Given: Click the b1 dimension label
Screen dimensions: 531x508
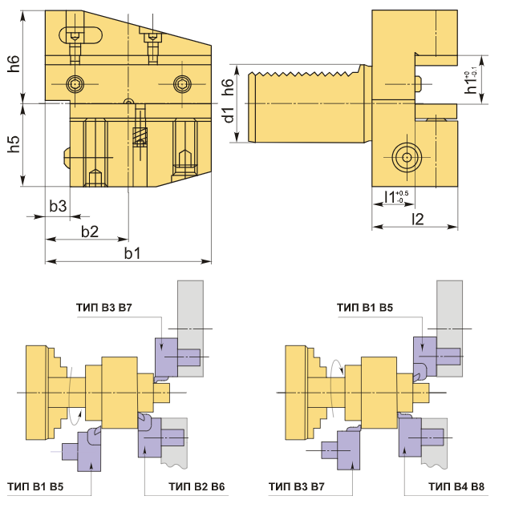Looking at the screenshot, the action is (x=132, y=253).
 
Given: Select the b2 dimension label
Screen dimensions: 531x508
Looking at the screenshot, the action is (x=90, y=232).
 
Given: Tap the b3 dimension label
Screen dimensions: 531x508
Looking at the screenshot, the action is (x=58, y=206).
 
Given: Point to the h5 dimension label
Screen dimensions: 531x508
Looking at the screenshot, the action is (x=14, y=144).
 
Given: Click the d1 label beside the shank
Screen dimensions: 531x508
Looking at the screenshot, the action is (x=229, y=115).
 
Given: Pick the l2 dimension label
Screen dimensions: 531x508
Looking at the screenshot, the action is (x=418, y=220).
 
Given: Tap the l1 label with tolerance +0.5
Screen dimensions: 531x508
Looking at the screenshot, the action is (x=396, y=196).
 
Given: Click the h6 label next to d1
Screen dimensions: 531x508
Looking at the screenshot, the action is (x=228, y=87).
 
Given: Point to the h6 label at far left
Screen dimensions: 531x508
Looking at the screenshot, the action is (x=14, y=63).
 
